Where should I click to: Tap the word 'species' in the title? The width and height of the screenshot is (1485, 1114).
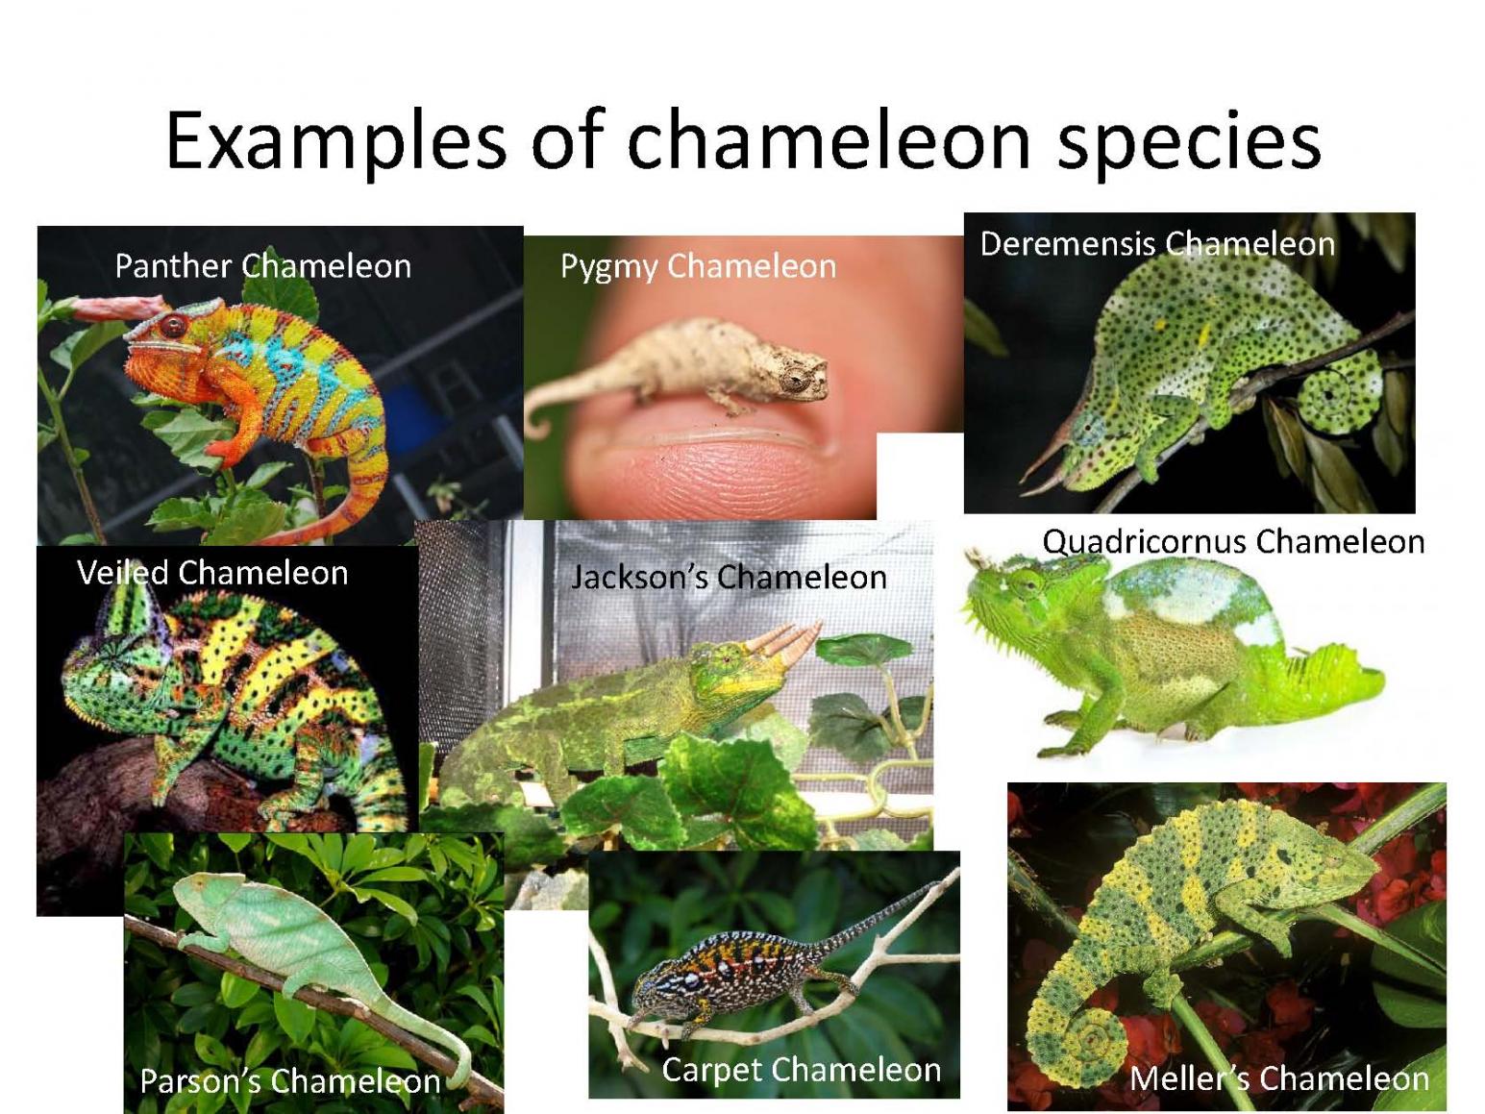pos(1189,143)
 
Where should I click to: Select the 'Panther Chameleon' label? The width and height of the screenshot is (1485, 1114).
pos(263,266)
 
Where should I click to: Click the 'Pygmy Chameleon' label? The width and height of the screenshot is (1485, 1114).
pos(698,267)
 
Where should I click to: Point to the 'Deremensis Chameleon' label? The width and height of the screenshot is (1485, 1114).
pos(1157,243)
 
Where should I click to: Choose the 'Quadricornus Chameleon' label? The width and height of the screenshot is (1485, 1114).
pos(1233,542)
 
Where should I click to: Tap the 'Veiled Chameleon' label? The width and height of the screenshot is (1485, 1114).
pos(212,573)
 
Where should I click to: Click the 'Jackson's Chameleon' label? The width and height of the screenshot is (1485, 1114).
pos(729,578)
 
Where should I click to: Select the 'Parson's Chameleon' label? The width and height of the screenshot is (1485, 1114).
pos(290,1081)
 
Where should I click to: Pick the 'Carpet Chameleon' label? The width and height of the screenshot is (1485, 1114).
pos(802,1070)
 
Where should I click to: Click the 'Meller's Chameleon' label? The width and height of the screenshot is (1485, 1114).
pos(1279,1078)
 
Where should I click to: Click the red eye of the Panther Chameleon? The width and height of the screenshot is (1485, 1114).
pos(173,326)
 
